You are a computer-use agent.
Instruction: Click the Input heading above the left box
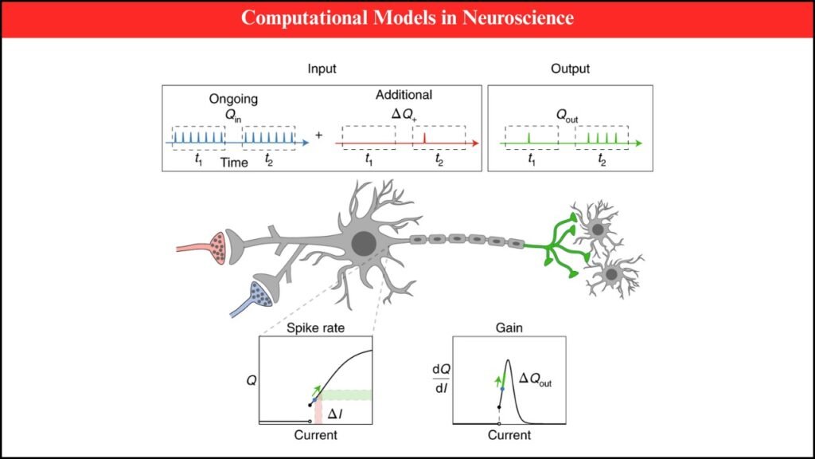[322, 69]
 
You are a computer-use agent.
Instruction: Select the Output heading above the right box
[570, 69]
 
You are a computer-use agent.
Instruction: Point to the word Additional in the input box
[404, 95]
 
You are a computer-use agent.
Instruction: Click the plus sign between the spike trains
[319, 135]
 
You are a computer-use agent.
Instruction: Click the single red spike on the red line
[425, 139]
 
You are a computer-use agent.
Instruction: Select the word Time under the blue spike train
[234, 163]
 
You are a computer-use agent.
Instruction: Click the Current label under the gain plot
[509, 435]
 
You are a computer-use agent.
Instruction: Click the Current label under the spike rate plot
[315, 435]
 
